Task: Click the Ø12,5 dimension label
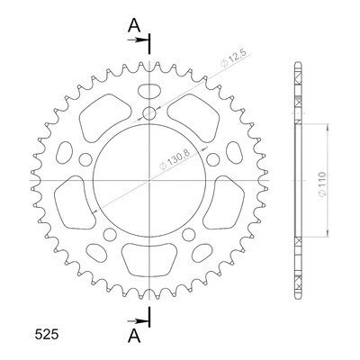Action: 233,58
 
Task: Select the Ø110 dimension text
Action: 321,184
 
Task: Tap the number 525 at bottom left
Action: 47,335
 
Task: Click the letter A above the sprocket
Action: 134,25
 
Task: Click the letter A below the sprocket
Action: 134,336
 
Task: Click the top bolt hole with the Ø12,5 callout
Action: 149,113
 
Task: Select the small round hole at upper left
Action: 85,159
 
